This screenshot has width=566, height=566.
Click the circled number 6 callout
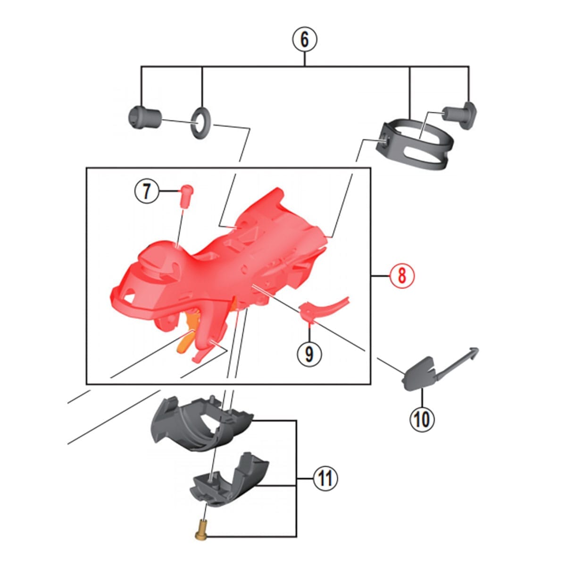point(305,40)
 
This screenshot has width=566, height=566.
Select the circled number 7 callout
point(146,191)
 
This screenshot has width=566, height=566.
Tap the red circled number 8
point(402,276)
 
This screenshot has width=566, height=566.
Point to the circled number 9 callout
point(309,355)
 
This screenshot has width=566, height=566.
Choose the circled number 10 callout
point(422,419)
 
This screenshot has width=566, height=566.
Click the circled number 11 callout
point(325,478)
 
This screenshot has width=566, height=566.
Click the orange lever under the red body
point(188,331)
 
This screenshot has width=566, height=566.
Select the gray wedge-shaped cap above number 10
point(418,374)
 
